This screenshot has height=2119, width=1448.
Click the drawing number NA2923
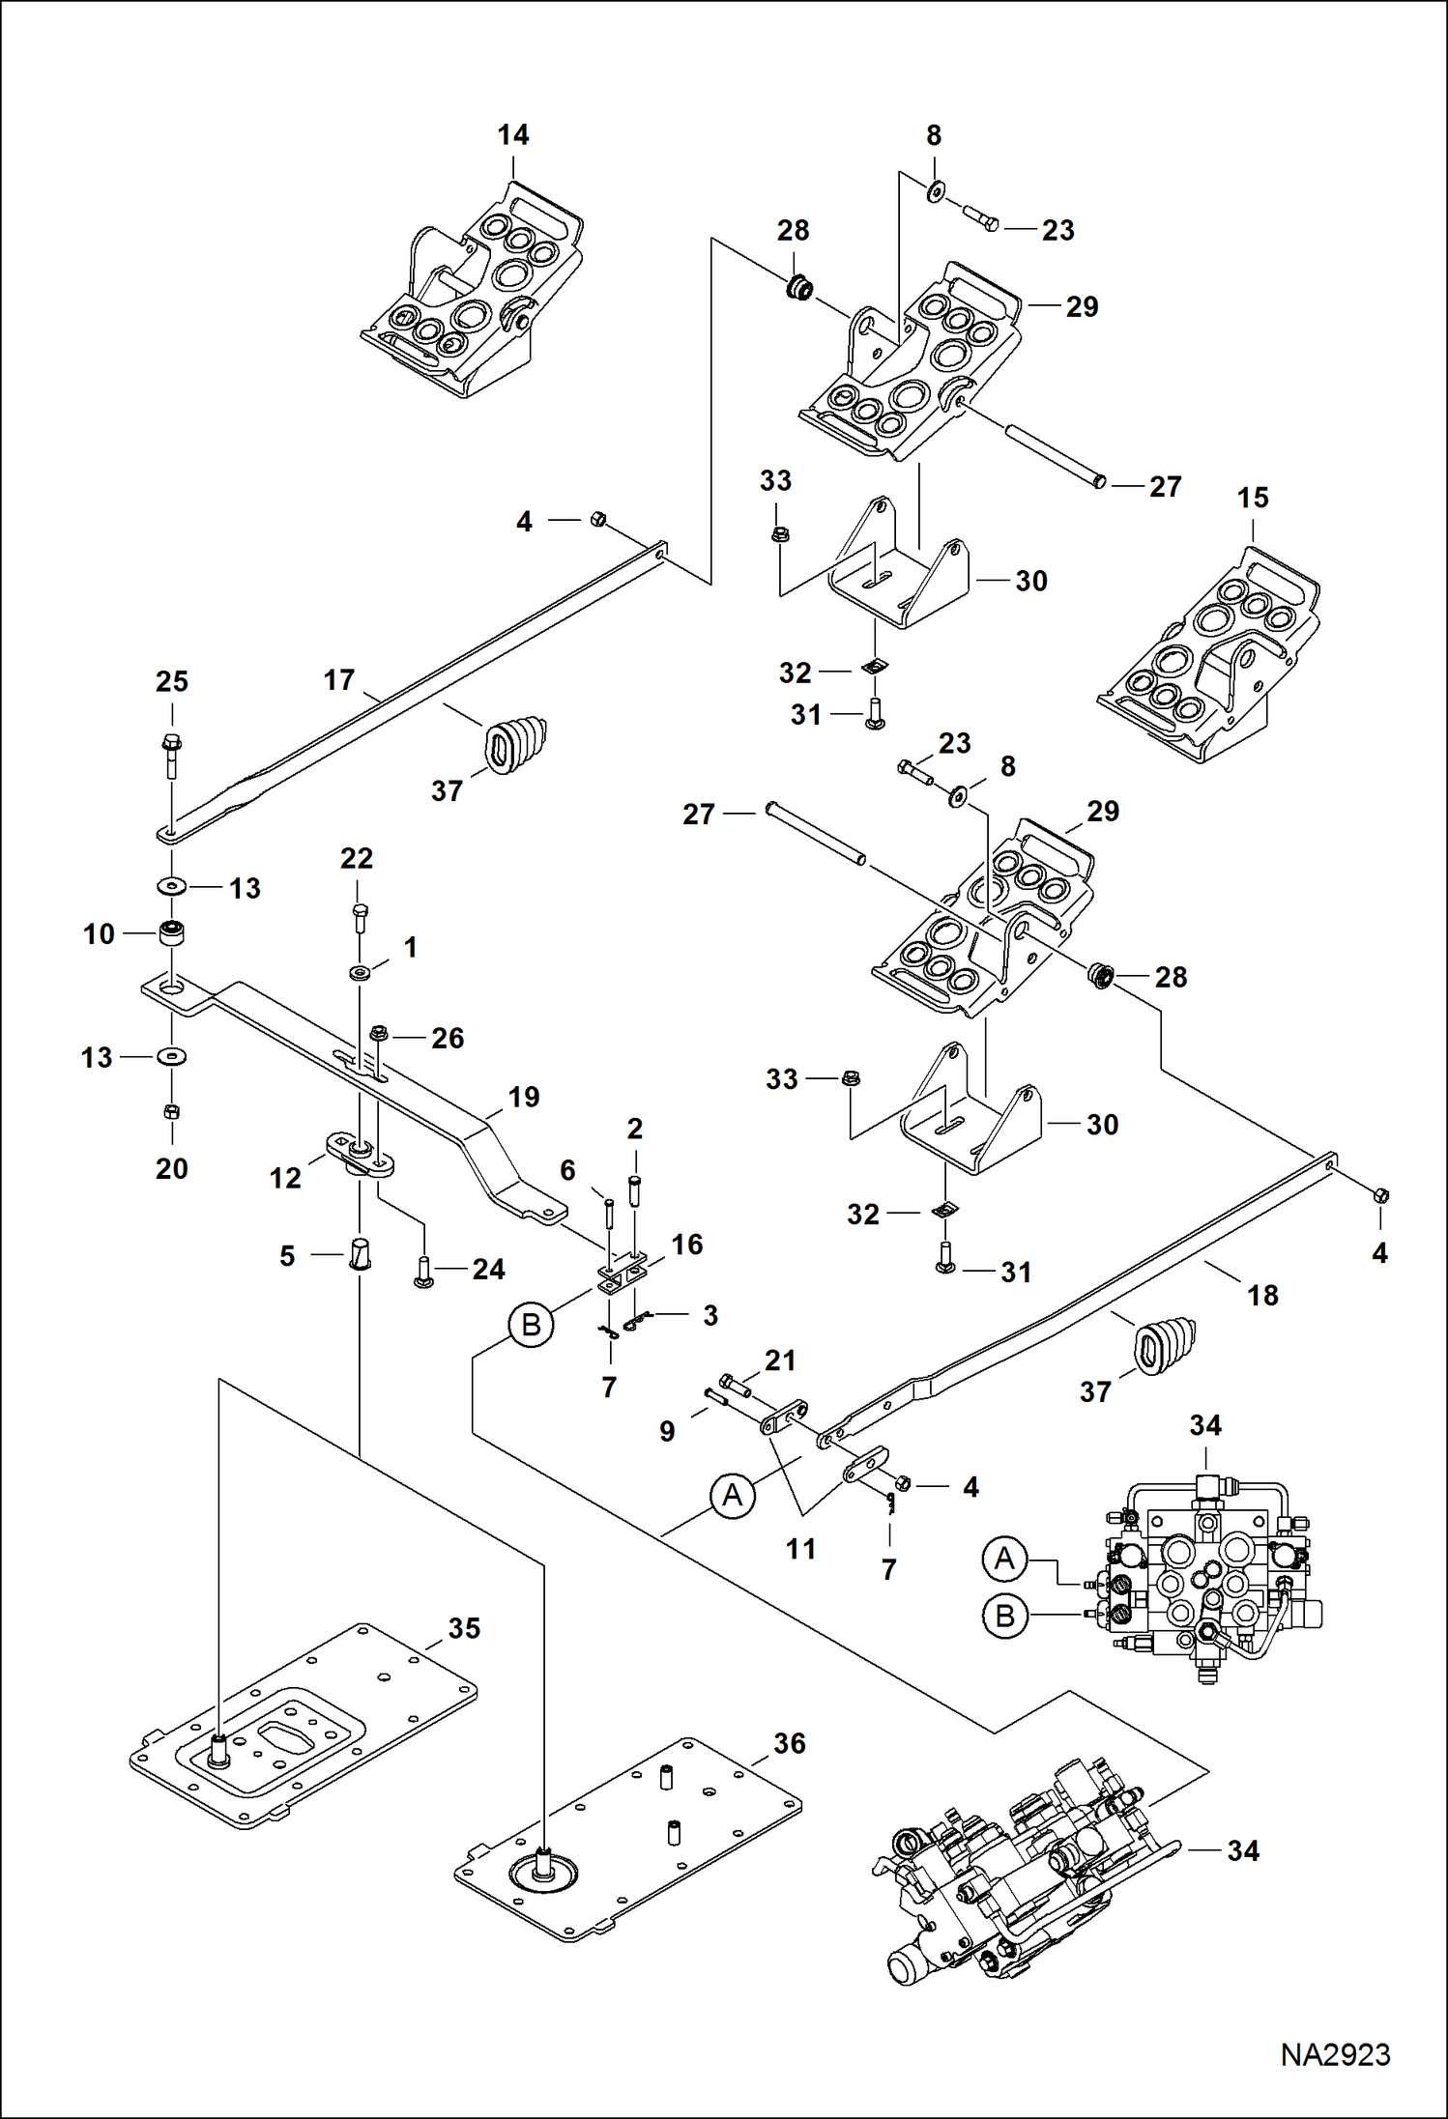tap(1335, 2054)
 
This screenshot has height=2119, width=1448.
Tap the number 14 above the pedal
tap(513, 135)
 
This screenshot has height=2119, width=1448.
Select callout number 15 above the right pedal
tap(1253, 498)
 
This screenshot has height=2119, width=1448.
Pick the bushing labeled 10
tap(172, 933)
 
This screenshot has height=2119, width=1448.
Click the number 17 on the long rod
tap(339, 679)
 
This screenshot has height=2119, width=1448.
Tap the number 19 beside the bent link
tap(524, 1097)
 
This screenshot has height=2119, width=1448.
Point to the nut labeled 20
tap(172, 1111)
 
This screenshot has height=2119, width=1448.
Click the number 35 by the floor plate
tap(464, 1628)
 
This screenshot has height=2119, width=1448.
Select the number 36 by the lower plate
tap(790, 1743)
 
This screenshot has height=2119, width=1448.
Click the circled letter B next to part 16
tap(531, 1324)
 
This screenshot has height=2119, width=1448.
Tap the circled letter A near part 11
tap(732, 1495)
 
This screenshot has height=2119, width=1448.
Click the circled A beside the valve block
tap(1004, 1559)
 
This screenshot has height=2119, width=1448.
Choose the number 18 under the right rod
tap(1262, 1295)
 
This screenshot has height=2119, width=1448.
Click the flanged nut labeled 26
tap(379, 1034)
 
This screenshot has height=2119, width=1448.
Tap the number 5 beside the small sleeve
tap(287, 1255)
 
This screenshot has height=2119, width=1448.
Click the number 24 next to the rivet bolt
tap(488, 1269)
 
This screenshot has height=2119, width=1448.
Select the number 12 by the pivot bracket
tap(285, 1177)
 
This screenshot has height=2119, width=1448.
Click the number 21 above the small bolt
tap(780, 1360)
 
